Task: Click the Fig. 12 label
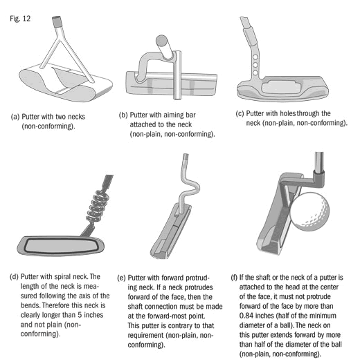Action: tap(20, 19)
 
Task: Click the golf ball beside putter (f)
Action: tap(309, 211)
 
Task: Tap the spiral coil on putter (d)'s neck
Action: tap(98, 205)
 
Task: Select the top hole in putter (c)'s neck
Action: tap(255, 57)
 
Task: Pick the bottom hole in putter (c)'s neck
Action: tap(255, 73)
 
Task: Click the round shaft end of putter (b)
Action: tap(161, 40)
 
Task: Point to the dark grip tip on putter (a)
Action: tap(56, 21)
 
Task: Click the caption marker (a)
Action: tap(15, 117)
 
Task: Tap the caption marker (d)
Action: tap(14, 277)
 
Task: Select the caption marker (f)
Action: tap(234, 278)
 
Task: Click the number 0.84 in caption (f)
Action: tap(246, 316)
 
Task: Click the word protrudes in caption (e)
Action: tap(199, 287)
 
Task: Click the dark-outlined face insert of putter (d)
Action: tap(61, 245)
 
